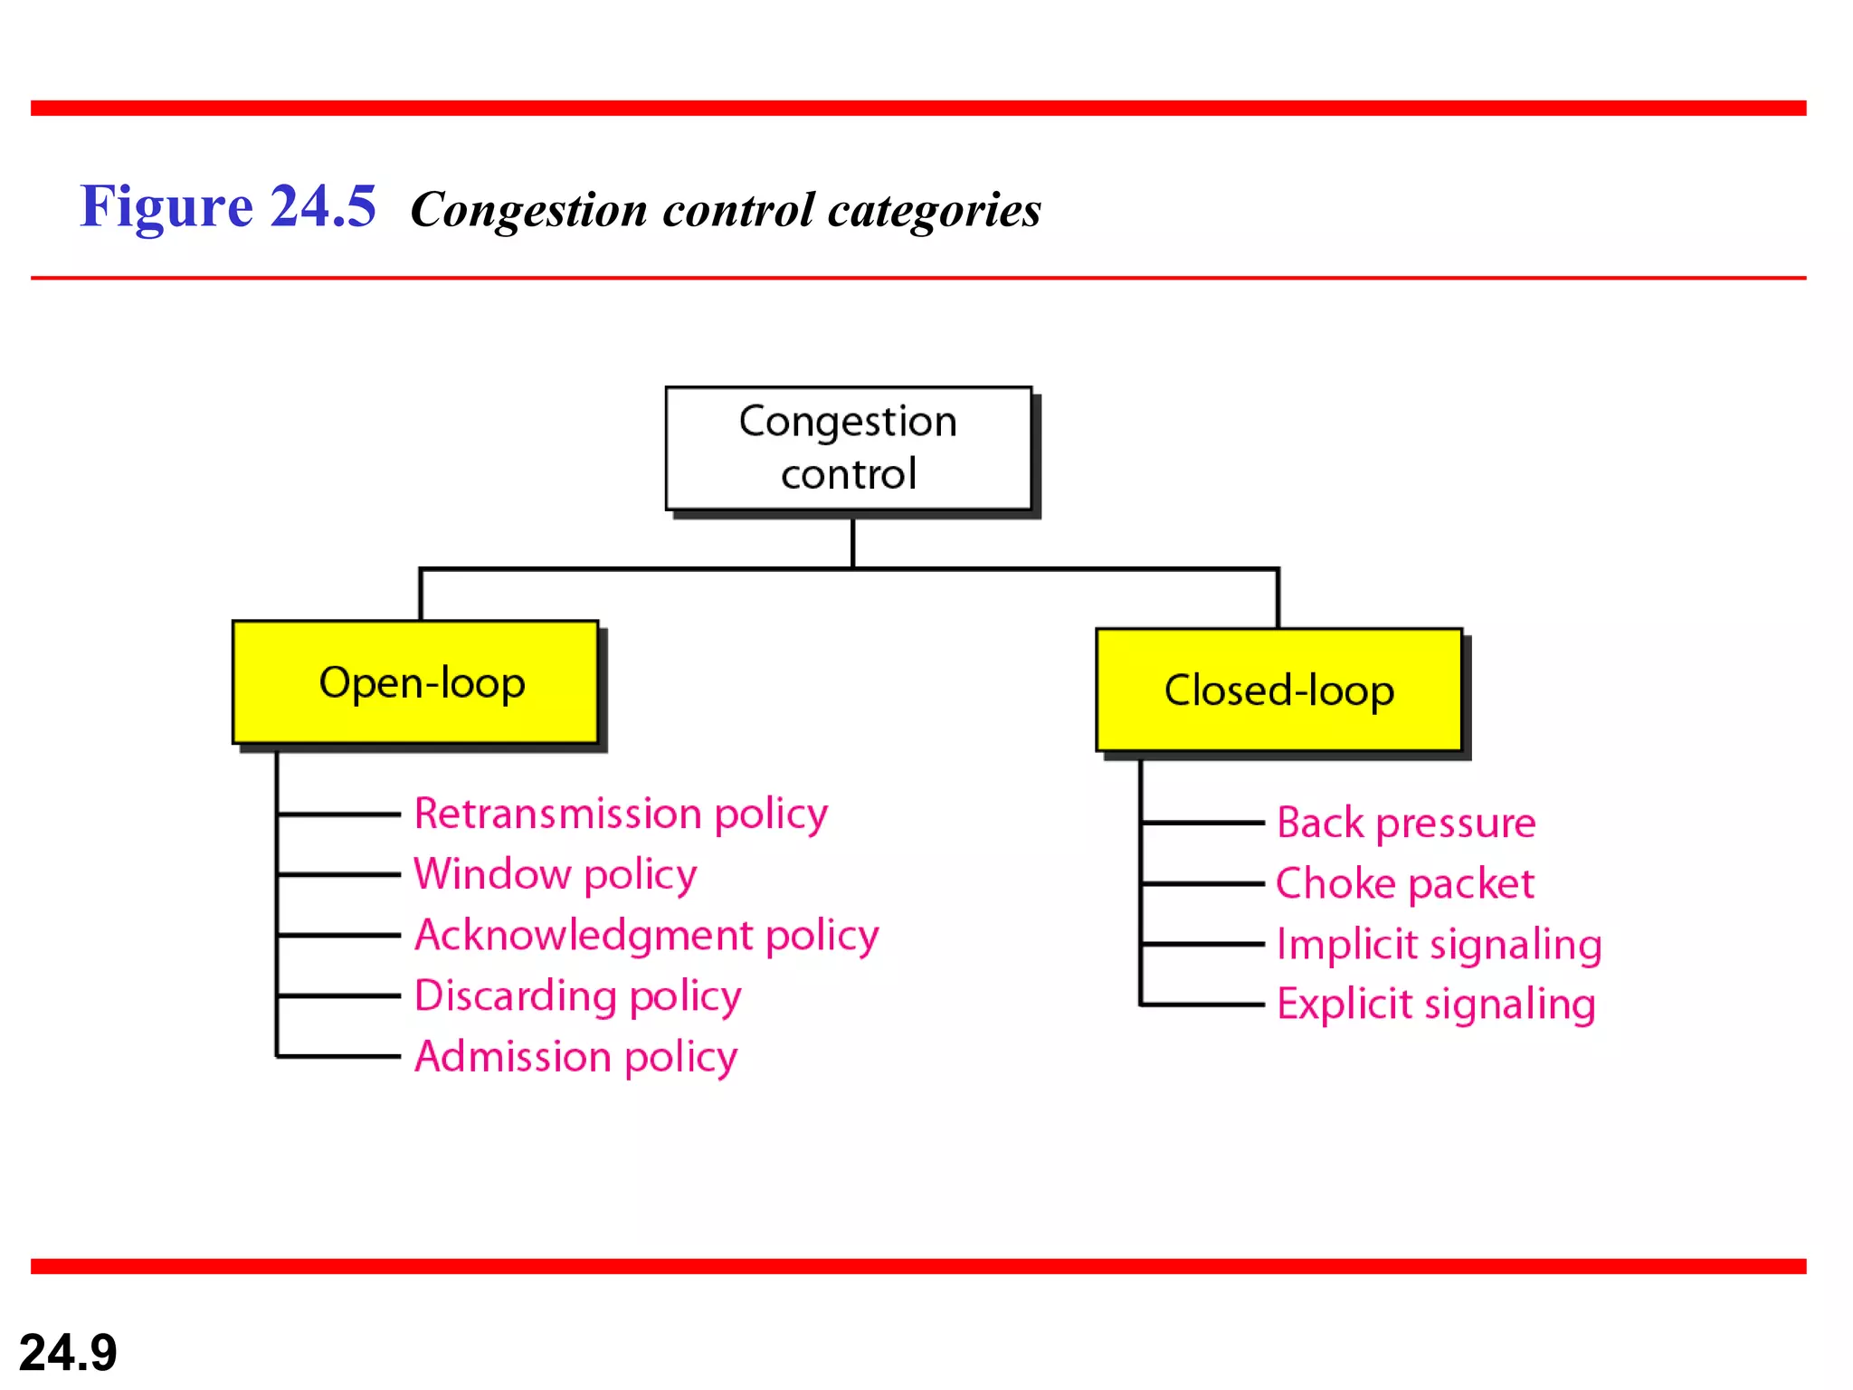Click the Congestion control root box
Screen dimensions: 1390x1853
[848, 449]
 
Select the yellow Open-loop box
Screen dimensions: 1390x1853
[415, 682]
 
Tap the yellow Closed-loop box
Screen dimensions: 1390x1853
[1278, 690]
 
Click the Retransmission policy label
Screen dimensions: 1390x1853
[621, 814]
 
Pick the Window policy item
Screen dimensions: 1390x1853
[555, 874]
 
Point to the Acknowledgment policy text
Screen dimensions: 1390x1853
[646, 935]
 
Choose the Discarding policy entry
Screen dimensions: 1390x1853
[577, 995]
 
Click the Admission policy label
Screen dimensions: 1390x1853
[575, 1056]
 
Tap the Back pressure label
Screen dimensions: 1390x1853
[1406, 823]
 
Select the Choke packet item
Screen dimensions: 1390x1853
[1404, 883]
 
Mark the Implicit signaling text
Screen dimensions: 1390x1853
[1439, 944]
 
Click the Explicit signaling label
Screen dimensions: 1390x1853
[1436, 1004]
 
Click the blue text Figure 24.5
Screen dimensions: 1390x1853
[228, 206]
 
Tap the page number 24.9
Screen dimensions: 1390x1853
[68, 1352]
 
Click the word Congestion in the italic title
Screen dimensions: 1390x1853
[529, 211]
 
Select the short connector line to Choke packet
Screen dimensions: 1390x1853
[1203, 883]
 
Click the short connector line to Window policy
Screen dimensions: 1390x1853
[339, 874]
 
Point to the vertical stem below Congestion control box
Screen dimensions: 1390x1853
[852, 543]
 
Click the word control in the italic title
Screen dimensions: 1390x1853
[738, 211]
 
